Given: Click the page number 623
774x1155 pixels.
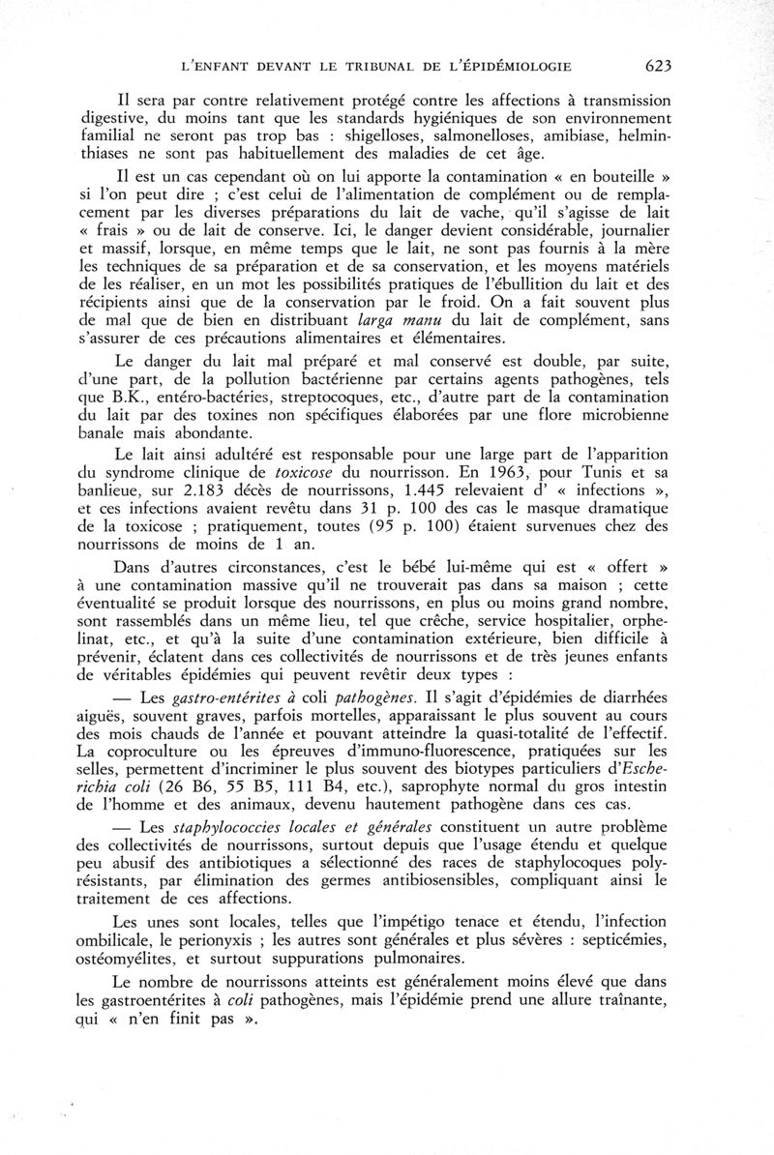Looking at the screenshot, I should click(656, 66).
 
